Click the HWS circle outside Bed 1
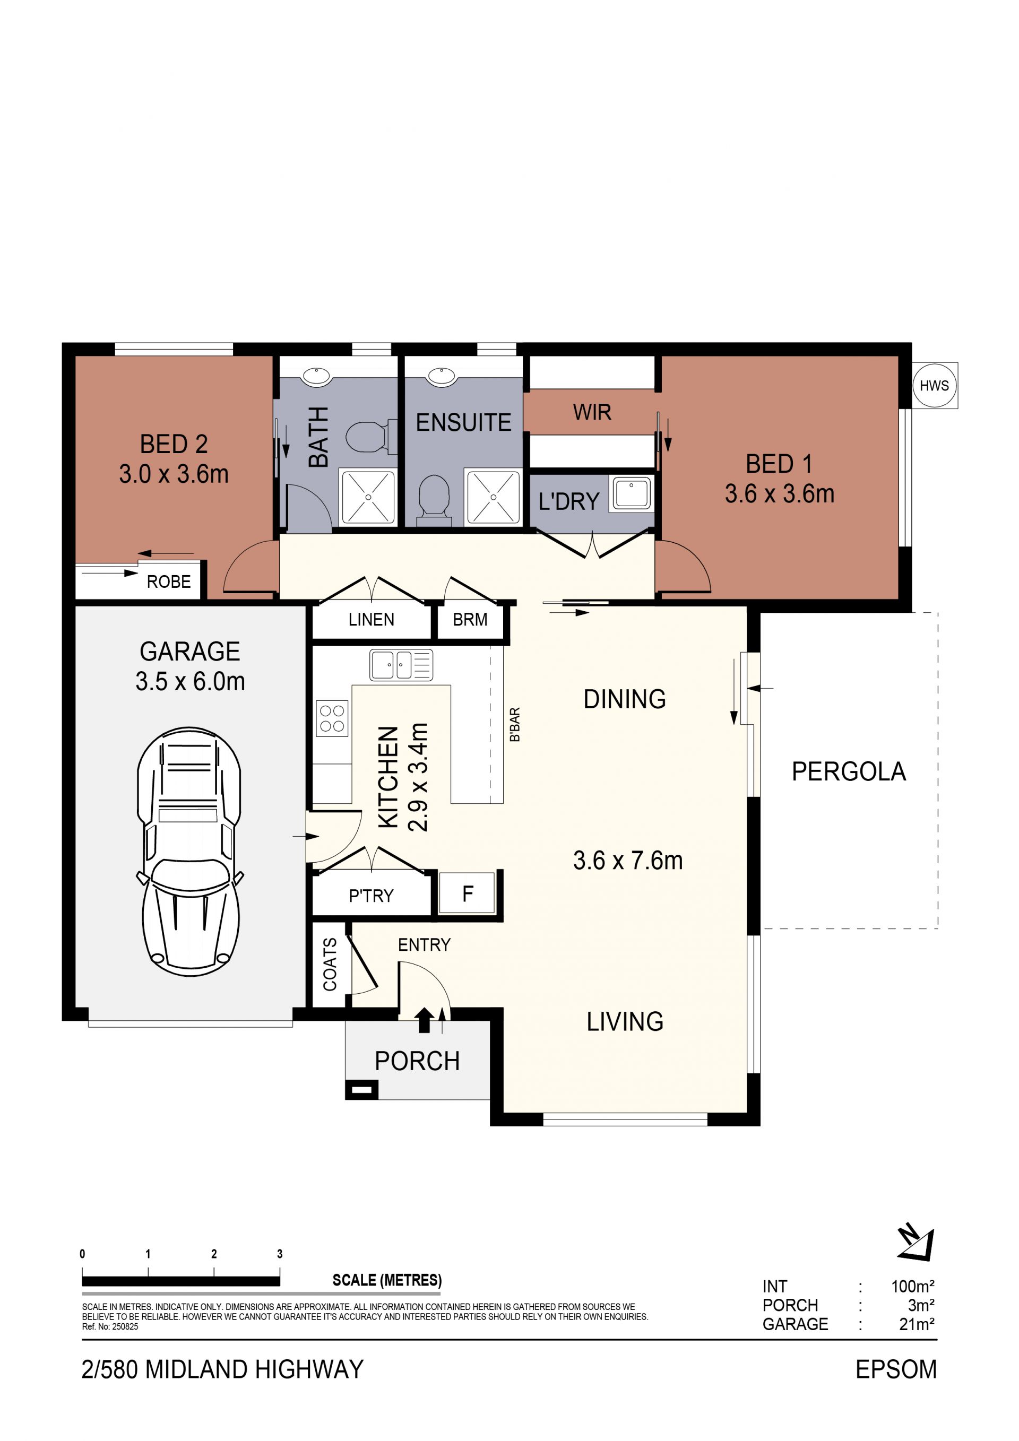click(x=934, y=385)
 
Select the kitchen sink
click(x=401, y=665)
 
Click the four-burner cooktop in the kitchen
click(x=332, y=718)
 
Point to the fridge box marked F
click(x=467, y=893)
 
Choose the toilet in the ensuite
click(x=434, y=500)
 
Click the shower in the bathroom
click(x=368, y=497)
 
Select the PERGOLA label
click(x=848, y=771)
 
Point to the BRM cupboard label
click(x=470, y=620)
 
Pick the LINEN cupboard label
click(x=371, y=620)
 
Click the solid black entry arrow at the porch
click(x=425, y=1020)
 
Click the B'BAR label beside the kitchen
click(x=515, y=724)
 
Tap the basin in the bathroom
click(x=316, y=377)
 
